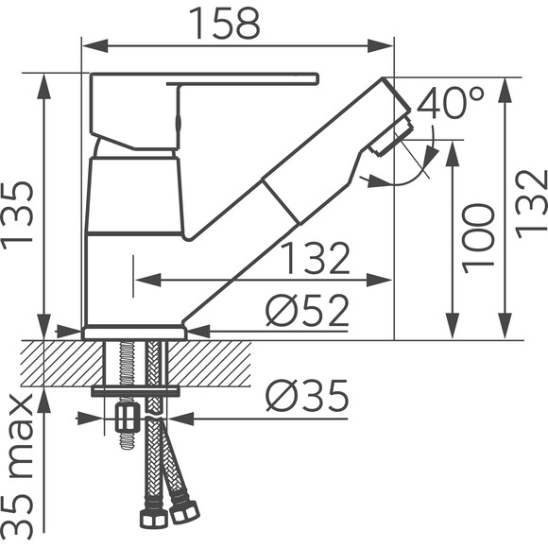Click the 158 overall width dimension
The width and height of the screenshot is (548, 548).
tap(225, 24)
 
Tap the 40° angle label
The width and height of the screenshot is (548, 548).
tap(452, 102)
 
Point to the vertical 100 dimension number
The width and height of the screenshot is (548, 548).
tap(478, 238)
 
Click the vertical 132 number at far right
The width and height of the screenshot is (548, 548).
tap(531, 204)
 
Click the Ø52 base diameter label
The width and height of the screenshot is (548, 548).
tap(307, 310)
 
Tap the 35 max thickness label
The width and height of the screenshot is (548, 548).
tap(18, 467)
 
